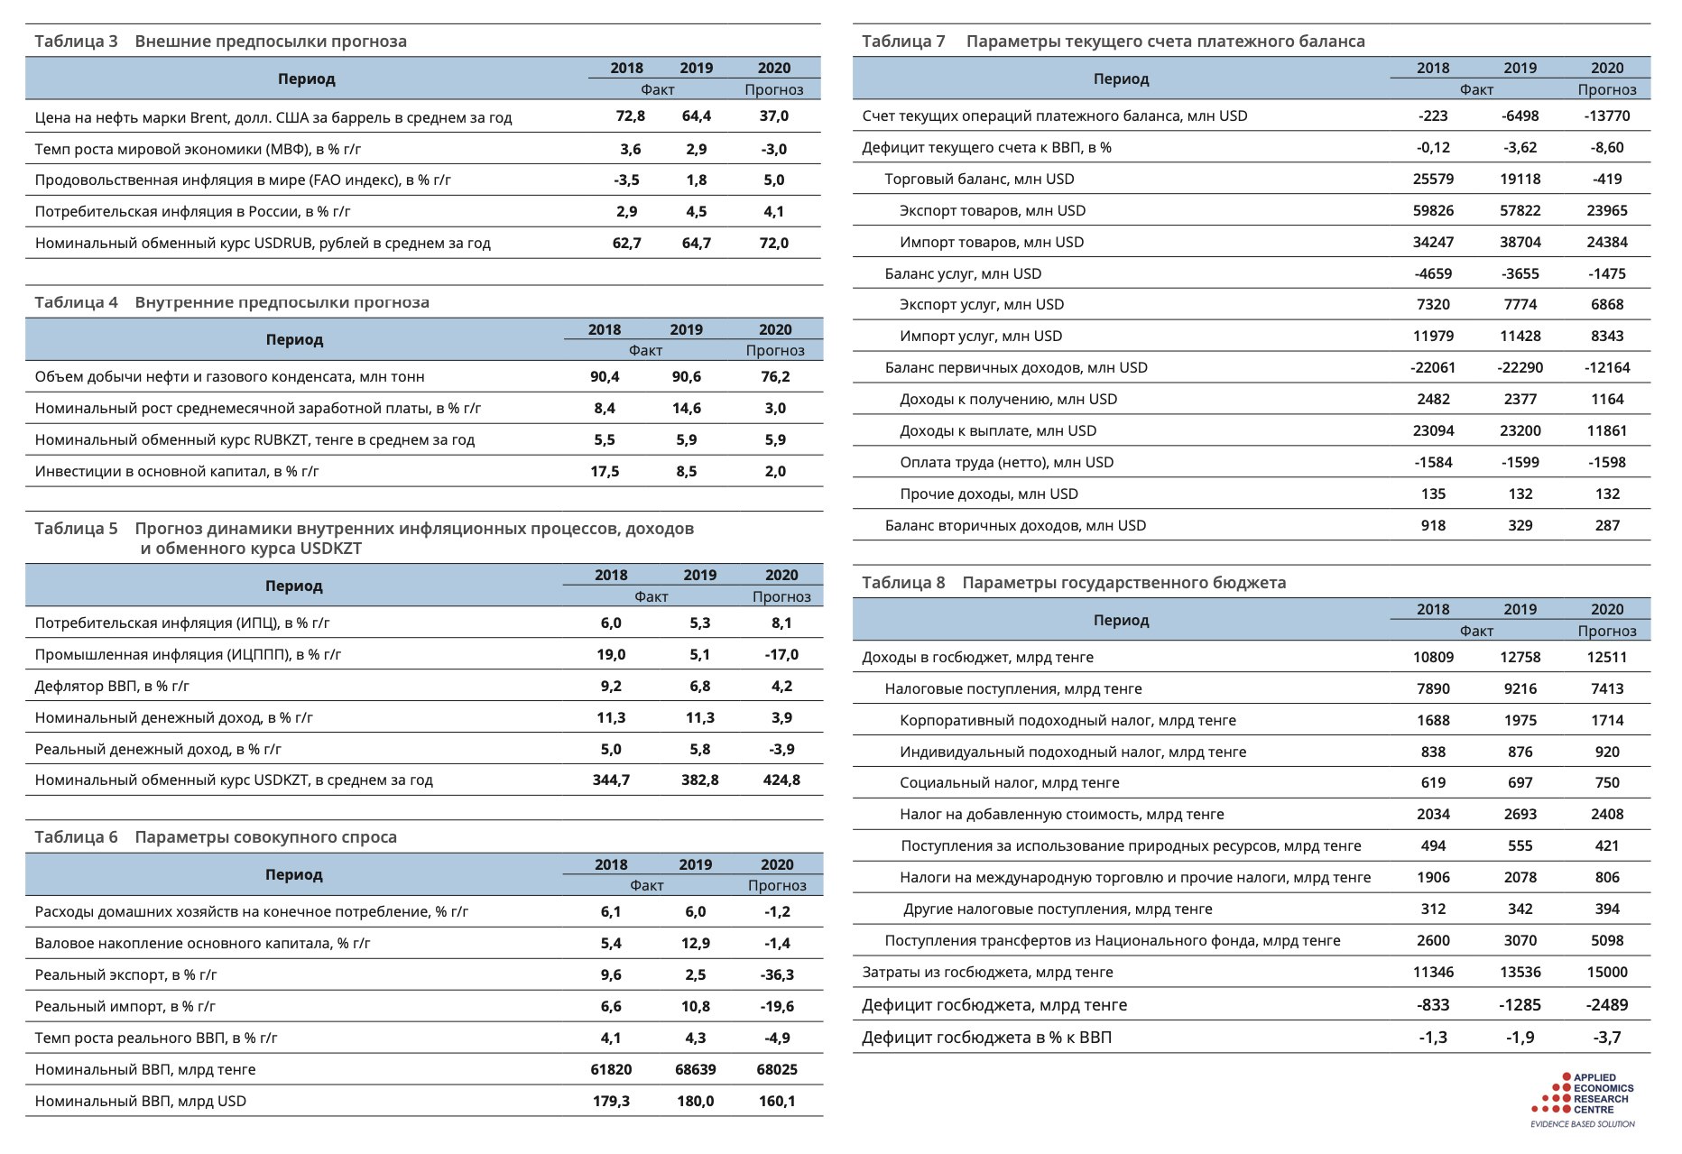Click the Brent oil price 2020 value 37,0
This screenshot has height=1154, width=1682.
tap(773, 116)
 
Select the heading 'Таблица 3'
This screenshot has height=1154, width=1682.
tap(76, 42)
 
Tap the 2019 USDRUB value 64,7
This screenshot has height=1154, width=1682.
tap(696, 243)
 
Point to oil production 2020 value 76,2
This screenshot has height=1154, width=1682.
tap(775, 377)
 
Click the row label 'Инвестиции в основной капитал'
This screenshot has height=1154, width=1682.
tap(177, 472)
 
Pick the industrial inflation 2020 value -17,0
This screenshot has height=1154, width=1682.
tap(781, 655)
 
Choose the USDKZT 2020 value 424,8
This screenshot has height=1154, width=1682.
tap(781, 780)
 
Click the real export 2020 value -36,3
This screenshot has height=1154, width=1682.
tap(776, 975)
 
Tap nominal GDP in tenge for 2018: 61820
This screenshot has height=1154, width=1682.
tap(611, 1070)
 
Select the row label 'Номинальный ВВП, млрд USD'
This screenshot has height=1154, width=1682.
tap(141, 1102)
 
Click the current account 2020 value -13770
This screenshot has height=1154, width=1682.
tap(1606, 116)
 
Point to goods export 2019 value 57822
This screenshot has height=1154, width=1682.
tap(1520, 211)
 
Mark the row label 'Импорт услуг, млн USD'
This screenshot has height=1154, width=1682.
tap(980, 337)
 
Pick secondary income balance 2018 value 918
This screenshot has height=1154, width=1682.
tap(1433, 526)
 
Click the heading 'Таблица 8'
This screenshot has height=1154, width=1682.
tap(903, 583)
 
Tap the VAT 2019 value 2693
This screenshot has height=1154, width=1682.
tap(1520, 815)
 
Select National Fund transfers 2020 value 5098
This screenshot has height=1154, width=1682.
tap(1606, 941)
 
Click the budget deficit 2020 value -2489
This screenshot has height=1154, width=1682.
tap(1606, 1005)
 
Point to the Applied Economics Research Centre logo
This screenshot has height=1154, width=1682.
tap(1584, 1099)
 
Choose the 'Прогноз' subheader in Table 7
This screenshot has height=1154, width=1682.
tap(1606, 90)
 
